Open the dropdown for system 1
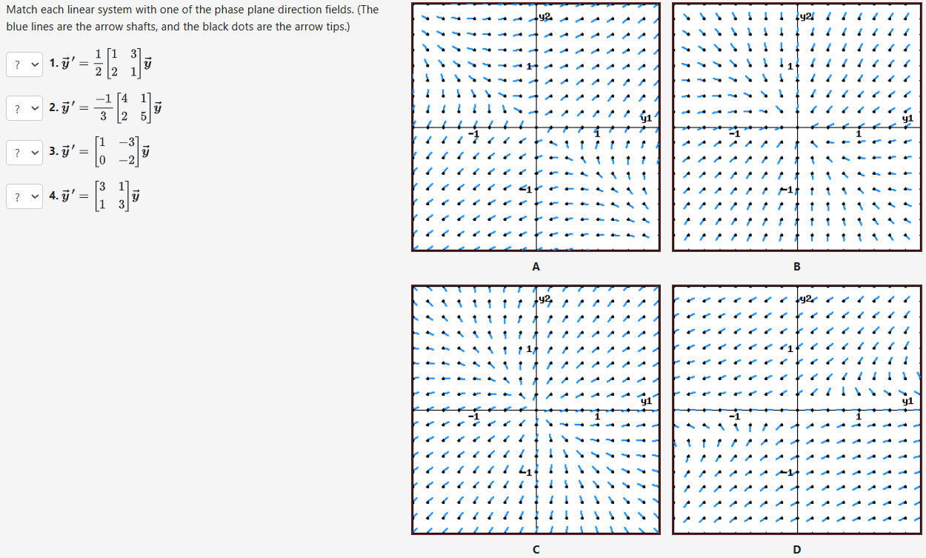pyautogui.click(x=24, y=64)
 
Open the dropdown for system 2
pyautogui.click(x=24, y=108)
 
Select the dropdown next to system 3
pyautogui.click(x=24, y=153)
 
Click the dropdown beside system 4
pyautogui.click(x=24, y=197)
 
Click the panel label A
pyautogui.click(x=536, y=266)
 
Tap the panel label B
pyautogui.click(x=796, y=266)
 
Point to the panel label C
pyautogui.click(x=536, y=549)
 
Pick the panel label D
pyautogui.click(x=796, y=549)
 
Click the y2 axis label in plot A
pyautogui.click(x=545, y=16)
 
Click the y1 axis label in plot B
pyautogui.click(x=907, y=118)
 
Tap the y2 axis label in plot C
pyautogui.click(x=545, y=299)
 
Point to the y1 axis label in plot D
pyautogui.click(x=907, y=401)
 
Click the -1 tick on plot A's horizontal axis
pyautogui.click(x=474, y=134)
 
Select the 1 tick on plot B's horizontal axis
pyautogui.click(x=859, y=134)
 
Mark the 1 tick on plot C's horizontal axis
pyautogui.click(x=597, y=417)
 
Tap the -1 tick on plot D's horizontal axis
pyautogui.click(x=734, y=417)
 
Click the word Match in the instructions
pyautogui.click(x=22, y=10)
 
